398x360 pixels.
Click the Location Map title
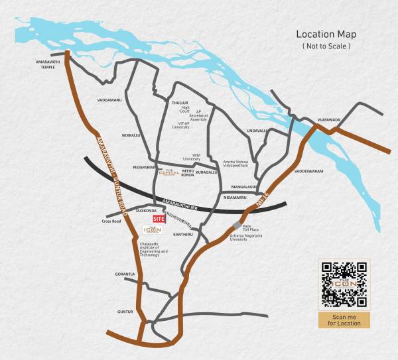pos(326,34)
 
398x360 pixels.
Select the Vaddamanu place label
pos(109,99)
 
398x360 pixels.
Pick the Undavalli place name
pos(256,131)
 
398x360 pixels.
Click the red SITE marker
pos(158,218)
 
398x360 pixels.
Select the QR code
pos(343,284)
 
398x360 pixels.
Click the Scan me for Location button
pos(343,320)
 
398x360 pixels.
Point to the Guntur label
pos(125,311)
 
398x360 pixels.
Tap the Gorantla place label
pos(125,274)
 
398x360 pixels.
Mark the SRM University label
pos(191,156)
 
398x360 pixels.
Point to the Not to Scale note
pos(326,46)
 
